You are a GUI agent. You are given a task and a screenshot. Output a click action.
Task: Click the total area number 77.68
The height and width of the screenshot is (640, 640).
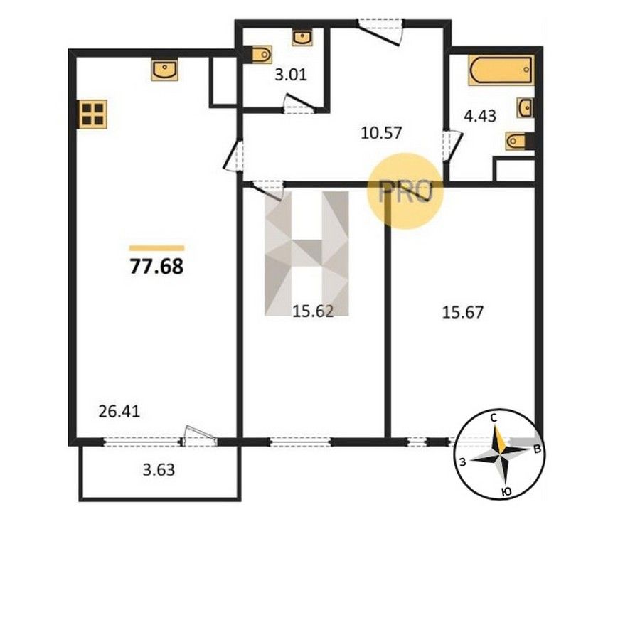pyautogui.click(x=156, y=267)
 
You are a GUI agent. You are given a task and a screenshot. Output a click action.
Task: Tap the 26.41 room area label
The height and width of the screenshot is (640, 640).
pyautogui.click(x=119, y=411)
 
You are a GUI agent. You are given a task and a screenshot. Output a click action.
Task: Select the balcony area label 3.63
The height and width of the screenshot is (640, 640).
pyautogui.click(x=159, y=470)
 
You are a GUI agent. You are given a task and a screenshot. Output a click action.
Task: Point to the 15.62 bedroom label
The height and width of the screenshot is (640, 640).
pyautogui.click(x=313, y=311)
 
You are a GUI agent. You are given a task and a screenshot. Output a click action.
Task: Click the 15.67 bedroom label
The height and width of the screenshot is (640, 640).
pyautogui.click(x=463, y=312)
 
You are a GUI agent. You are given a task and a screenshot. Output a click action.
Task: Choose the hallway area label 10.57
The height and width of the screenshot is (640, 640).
pyautogui.click(x=382, y=133)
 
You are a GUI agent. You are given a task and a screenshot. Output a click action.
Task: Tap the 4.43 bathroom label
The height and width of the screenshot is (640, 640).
pyautogui.click(x=480, y=116)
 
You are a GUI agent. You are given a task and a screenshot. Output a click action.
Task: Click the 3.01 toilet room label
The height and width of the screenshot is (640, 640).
pyautogui.click(x=291, y=75)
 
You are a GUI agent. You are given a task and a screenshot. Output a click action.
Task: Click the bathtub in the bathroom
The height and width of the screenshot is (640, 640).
pyautogui.click(x=501, y=70)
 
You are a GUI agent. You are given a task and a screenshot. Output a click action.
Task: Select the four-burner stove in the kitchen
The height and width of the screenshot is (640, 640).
pyautogui.click(x=93, y=114)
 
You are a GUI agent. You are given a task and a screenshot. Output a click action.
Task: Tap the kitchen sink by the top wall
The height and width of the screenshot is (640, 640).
pyautogui.click(x=165, y=70)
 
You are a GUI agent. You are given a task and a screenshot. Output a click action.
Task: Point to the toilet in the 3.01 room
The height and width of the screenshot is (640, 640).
pyautogui.click(x=260, y=54)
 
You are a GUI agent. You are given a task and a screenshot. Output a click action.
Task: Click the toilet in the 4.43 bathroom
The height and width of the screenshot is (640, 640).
pyautogui.click(x=516, y=142)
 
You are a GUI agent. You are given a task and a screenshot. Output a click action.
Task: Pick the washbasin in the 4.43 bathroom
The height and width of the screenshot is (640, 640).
pyautogui.click(x=526, y=108)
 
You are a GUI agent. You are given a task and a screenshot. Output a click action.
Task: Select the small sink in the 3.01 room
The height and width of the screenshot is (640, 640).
pyautogui.click(x=302, y=38)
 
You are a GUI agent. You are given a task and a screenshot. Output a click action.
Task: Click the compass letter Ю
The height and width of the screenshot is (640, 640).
pyautogui.click(x=506, y=492)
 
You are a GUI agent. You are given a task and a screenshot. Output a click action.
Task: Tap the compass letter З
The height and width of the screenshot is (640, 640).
pyautogui.click(x=462, y=462)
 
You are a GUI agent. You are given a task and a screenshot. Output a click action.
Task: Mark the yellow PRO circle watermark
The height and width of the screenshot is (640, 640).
pyautogui.click(x=405, y=191)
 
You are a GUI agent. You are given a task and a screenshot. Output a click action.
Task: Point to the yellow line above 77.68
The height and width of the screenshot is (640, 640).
pyautogui.click(x=156, y=248)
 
